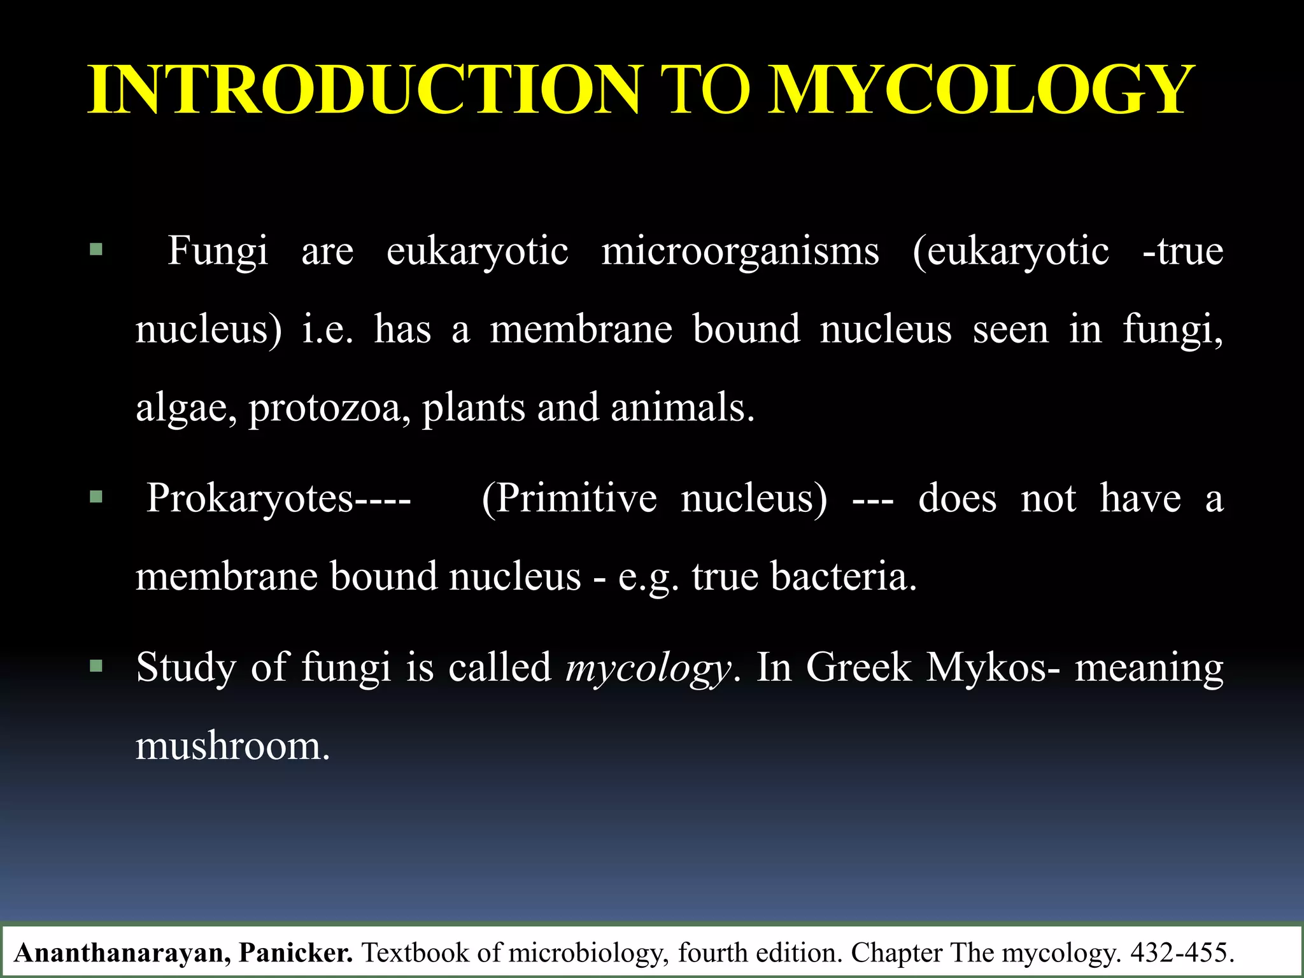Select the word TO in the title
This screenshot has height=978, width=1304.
705,90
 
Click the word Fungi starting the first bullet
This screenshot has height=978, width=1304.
217,251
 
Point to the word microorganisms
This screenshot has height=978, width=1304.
740,251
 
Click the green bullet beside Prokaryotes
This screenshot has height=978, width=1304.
96,497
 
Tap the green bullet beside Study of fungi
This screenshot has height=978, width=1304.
96,667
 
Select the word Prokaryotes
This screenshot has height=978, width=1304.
250,498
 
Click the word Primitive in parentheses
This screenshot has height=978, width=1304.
576,498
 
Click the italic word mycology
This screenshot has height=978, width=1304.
648,669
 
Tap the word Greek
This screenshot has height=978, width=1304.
858,667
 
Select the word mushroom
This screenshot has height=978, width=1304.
232,746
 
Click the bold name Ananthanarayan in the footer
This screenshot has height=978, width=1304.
122,953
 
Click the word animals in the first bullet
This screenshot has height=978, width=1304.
682,407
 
